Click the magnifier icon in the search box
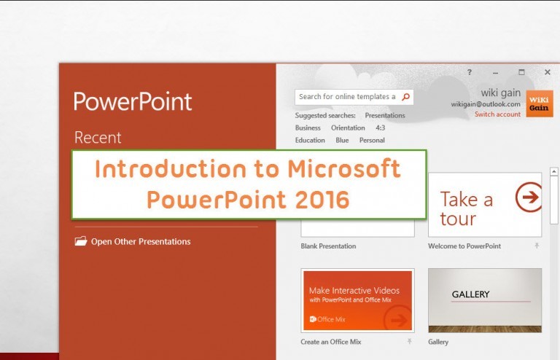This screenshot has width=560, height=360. (x=406, y=96)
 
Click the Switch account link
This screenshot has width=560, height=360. (x=497, y=114)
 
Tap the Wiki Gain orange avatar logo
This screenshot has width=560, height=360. (x=539, y=103)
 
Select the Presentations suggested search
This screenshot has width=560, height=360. (x=385, y=115)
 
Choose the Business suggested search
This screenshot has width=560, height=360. (x=308, y=128)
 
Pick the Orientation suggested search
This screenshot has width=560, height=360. (x=348, y=128)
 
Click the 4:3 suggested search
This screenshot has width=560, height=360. (x=381, y=128)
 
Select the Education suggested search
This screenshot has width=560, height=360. (x=310, y=140)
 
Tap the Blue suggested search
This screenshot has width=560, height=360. (x=342, y=140)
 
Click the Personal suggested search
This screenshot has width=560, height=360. (x=372, y=140)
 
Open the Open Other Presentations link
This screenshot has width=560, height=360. (x=140, y=242)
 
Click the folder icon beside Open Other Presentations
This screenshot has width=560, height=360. (x=81, y=241)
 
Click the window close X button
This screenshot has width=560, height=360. (x=548, y=72)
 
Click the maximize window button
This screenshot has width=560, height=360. (x=521, y=72)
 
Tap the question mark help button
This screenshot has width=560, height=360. (x=470, y=72)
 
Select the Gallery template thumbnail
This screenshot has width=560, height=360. (x=485, y=300)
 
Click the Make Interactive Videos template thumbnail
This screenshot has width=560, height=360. (x=357, y=300)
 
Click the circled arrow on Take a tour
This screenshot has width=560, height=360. (x=528, y=197)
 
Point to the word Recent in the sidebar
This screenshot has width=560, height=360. (x=98, y=138)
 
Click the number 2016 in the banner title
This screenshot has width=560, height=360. (x=319, y=199)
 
